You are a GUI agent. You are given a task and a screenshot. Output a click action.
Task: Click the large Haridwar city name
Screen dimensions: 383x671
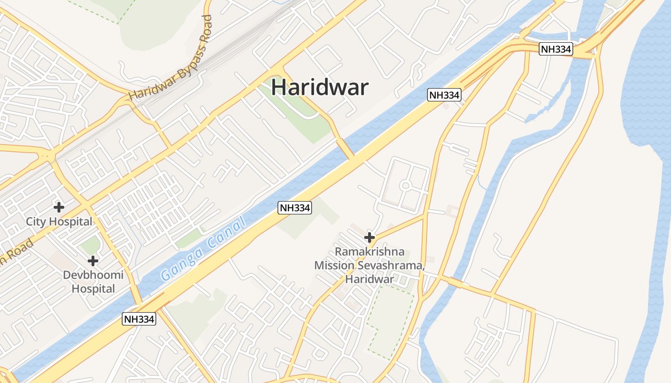tap(320, 88)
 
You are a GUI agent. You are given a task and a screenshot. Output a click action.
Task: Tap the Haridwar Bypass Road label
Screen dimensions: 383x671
tap(171, 58)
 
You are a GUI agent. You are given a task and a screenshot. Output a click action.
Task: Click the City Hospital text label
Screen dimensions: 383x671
tap(59, 222)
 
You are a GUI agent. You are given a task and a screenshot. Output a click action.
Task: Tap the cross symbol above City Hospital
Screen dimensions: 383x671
tap(59, 207)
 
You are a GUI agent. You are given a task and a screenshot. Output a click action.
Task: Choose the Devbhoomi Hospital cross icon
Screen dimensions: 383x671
tap(93, 261)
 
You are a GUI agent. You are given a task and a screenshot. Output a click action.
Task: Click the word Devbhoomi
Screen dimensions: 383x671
tap(93, 275)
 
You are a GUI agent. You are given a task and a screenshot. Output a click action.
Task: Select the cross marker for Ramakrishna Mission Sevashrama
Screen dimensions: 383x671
tap(369, 237)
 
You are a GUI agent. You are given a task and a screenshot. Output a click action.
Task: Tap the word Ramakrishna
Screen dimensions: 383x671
tap(370, 251)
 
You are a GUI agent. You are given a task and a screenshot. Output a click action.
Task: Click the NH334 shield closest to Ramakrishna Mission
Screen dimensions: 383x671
tap(295, 208)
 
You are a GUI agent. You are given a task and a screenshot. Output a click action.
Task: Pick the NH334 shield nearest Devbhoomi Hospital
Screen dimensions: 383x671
tap(139, 319)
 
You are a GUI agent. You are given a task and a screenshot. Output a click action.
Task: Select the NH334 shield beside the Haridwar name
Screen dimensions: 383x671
tap(444, 95)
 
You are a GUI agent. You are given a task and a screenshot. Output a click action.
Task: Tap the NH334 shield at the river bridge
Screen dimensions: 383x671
tap(556, 49)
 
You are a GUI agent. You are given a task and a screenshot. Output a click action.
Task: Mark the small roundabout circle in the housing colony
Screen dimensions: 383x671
tap(405, 185)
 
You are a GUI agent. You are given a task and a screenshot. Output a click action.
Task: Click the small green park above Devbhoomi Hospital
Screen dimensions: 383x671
tap(90, 246)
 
